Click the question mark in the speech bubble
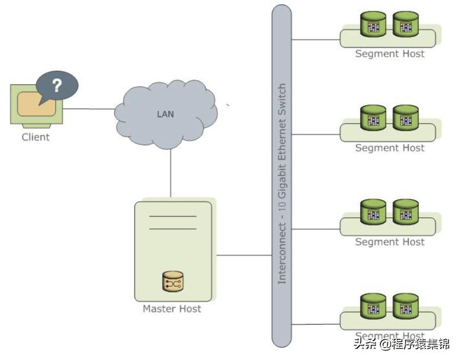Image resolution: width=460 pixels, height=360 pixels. [x=57, y=85]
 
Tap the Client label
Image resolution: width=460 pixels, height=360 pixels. [x=35, y=137]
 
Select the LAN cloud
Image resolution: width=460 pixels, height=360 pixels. [x=166, y=114]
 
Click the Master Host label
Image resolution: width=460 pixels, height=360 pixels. [x=171, y=309]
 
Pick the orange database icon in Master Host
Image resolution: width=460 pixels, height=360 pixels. [x=171, y=282]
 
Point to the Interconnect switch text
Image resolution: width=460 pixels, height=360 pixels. [x=282, y=184]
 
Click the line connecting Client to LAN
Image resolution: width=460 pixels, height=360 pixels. [x=90, y=109]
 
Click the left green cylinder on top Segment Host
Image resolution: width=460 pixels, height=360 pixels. [x=373, y=25]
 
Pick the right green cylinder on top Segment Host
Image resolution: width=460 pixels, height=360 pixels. [x=405, y=25]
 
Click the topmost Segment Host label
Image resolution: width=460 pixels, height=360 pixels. [x=390, y=54]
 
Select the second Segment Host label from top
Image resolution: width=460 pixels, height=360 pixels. [x=390, y=148]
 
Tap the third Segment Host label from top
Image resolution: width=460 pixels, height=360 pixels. [x=390, y=242]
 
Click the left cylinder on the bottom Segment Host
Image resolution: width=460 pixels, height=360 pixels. [x=373, y=307]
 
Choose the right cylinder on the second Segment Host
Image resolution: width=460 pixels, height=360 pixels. [x=405, y=118]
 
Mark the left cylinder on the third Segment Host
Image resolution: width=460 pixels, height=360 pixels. [x=373, y=212]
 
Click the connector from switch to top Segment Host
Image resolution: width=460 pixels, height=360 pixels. [x=316, y=40]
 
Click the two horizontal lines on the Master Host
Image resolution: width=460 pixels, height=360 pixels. [x=173, y=223]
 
